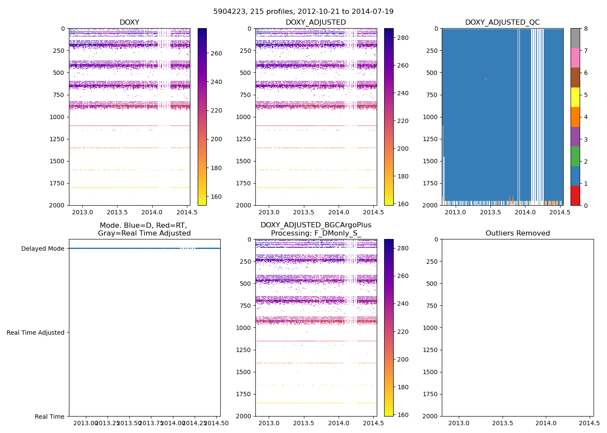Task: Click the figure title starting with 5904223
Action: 303,12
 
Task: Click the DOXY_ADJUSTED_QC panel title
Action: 502,23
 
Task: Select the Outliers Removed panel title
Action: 517,233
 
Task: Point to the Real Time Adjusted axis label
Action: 36,333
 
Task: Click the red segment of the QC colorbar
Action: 575,195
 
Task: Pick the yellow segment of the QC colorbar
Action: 575,97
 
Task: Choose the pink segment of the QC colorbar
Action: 575,58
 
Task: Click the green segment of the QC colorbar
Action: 575,156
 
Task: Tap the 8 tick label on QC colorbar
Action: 586,29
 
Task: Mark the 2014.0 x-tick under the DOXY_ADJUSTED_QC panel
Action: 525,212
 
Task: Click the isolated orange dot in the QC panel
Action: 486,80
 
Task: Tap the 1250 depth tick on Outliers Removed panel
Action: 429,350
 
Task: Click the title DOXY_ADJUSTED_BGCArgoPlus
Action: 316,225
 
